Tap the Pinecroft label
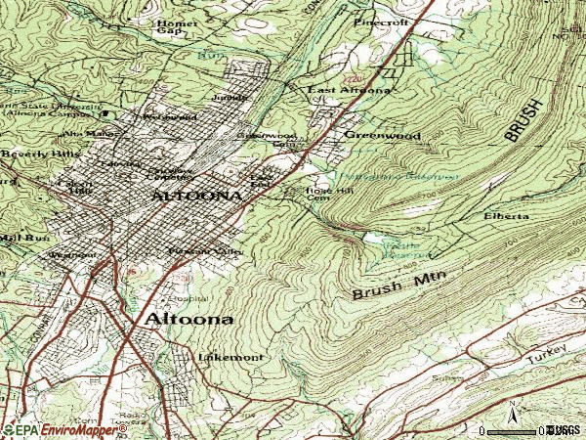tap(382, 21)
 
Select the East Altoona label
tap(350, 91)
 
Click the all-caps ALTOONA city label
tap(196, 197)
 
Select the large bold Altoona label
tap(189, 320)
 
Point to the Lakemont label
tap(230, 358)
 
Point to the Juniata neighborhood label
tap(235, 99)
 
